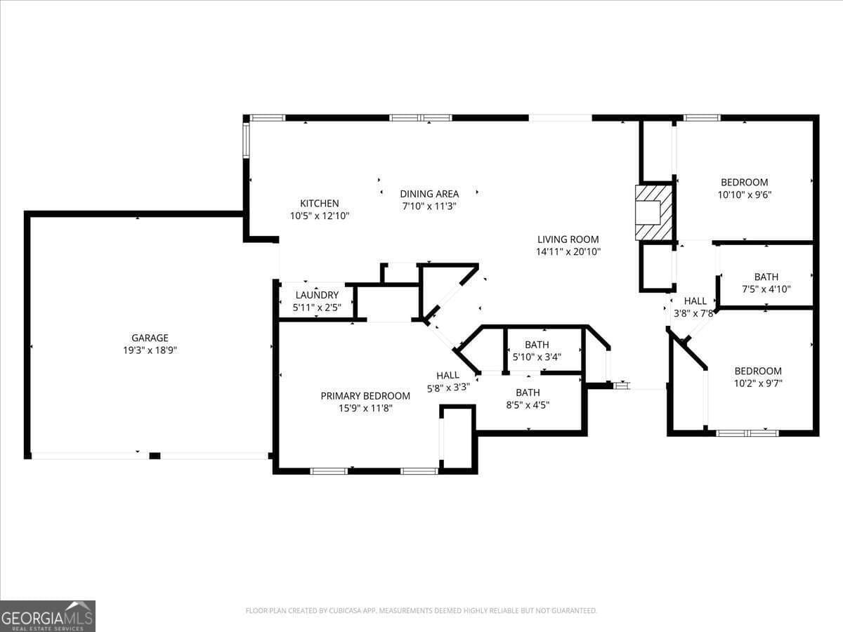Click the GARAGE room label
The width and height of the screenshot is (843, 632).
(x=150, y=338)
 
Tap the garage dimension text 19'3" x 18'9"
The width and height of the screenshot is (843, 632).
(x=150, y=350)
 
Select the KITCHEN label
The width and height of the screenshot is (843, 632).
(x=320, y=204)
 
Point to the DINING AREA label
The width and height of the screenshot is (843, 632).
(x=429, y=194)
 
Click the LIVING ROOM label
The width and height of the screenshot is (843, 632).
(x=568, y=239)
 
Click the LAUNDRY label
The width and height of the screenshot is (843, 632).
(x=317, y=296)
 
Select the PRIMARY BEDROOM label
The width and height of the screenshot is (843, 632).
(x=365, y=396)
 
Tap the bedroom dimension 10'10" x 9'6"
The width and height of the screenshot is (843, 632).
(x=744, y=195)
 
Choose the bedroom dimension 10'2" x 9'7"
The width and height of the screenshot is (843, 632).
(x=758, y=383)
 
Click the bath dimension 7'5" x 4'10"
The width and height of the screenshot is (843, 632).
(x=766, y=289)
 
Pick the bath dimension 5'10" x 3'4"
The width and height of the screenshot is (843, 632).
(x=537, y=357)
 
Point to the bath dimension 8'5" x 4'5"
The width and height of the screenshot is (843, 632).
(x=528, y=404)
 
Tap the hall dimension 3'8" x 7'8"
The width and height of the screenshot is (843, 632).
(x=695, y=313)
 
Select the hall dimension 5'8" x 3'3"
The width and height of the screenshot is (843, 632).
(x=447, y=387)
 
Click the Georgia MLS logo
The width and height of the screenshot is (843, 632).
(x=47, y=616)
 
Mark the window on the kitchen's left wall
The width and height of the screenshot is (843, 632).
(x=246, y=140)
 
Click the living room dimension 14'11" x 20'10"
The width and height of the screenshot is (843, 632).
(x=568, y=251)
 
